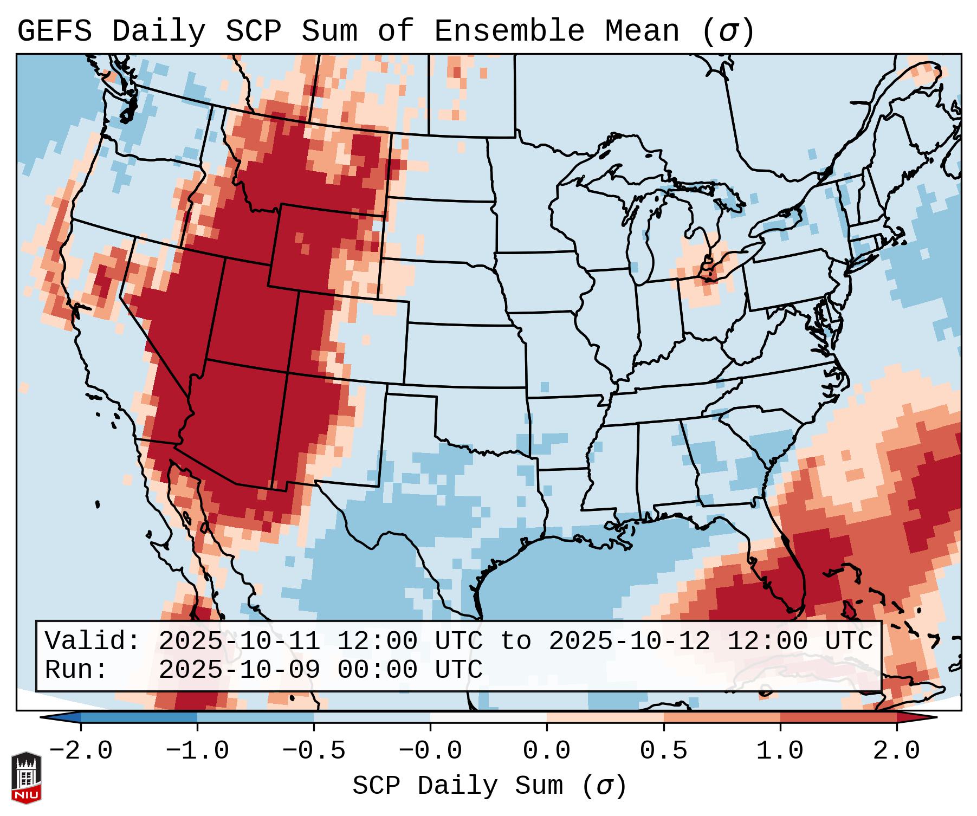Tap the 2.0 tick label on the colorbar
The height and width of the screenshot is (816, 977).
[896, 751]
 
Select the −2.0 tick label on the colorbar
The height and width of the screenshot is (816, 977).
[81, 751]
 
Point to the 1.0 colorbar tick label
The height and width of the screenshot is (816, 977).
[780, 751]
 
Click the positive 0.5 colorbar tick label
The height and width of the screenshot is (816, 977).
[663, 751]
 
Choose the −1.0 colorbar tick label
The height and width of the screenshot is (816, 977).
[197, 751]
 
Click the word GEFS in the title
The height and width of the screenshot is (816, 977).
[54, 31]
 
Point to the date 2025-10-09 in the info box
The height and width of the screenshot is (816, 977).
[239, 670]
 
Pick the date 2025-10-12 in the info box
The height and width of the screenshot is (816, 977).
[629, 642]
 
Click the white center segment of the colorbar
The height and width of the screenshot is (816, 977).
[488, 717]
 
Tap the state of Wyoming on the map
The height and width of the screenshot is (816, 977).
[325, 249]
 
